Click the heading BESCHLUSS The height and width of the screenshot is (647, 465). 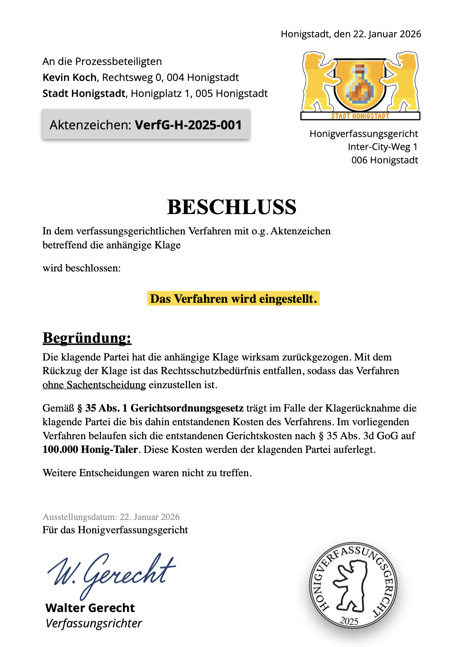pyautogui.click(x=232, y=207)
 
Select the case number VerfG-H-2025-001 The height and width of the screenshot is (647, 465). pyautogui.click(x=188, y=125)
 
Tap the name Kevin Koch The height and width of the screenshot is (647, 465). pyautogui.click(x=70, y=77)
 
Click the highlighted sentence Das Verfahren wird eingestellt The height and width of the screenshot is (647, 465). pyautogui.click(x=233, y=299)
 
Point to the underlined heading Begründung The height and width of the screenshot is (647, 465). pyautogui.click(x=87, y=338)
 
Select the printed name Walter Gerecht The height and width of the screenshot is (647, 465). pyautogui.click(x=90, y=608)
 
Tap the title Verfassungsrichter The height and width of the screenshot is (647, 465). pyautogui.click(x=94, y=624)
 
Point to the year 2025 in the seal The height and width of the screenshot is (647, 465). pyautogui.click(x=349, y=621)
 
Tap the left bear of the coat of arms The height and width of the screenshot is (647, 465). pyautogui.click(x=317, y=82)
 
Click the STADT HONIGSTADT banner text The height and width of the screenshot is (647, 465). pyautogui.click(x=360, y=116)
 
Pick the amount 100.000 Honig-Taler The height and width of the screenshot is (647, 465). pyautogui.click(x=90, y=450)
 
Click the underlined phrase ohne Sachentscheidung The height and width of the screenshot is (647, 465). pyautogui.click(x=94, y=385)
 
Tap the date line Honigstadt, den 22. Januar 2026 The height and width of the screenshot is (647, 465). pyautogui.click(x=351, y=34)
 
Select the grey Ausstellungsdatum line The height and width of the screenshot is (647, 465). pyautogui.click(x=111, y=517)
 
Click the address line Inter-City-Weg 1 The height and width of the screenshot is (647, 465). pyautogui.click(x=382, y=147)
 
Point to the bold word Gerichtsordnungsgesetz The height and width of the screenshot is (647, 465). pyautogui.click(x=187, y=408)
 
